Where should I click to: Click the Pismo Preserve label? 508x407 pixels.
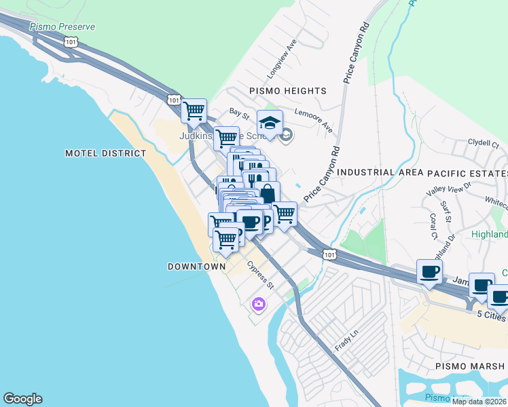click(62, 26)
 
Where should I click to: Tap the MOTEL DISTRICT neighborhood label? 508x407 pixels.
click(105, 153)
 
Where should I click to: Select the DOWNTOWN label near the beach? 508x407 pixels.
click(196, 267)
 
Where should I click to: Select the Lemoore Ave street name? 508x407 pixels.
click(313, 119)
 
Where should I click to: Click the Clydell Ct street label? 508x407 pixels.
click(483, 144)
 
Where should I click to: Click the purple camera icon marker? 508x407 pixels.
click(258, 304)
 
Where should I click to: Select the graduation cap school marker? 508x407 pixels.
click(270, 123)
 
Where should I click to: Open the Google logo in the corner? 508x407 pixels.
click(22, 399)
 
